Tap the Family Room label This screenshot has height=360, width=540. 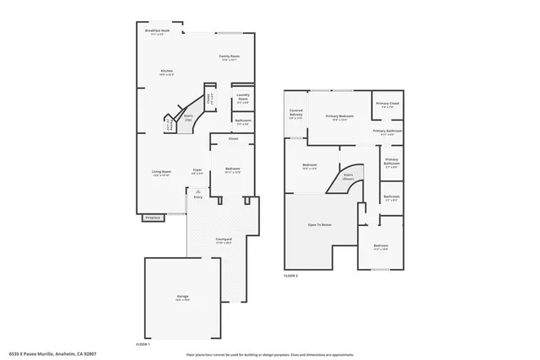(230, 57)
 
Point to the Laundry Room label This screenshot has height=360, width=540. (243, 99)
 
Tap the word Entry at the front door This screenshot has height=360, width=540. (197, 197)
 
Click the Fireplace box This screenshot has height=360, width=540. (153, 218)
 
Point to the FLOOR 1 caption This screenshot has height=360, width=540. (143, 344)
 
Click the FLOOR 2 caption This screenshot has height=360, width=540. (291, 276)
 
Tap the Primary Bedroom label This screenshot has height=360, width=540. (339, 117)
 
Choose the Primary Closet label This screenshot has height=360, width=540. (388, 105)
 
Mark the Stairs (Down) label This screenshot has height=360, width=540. (348, 178)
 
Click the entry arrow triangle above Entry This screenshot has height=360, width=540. (197, 191)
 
